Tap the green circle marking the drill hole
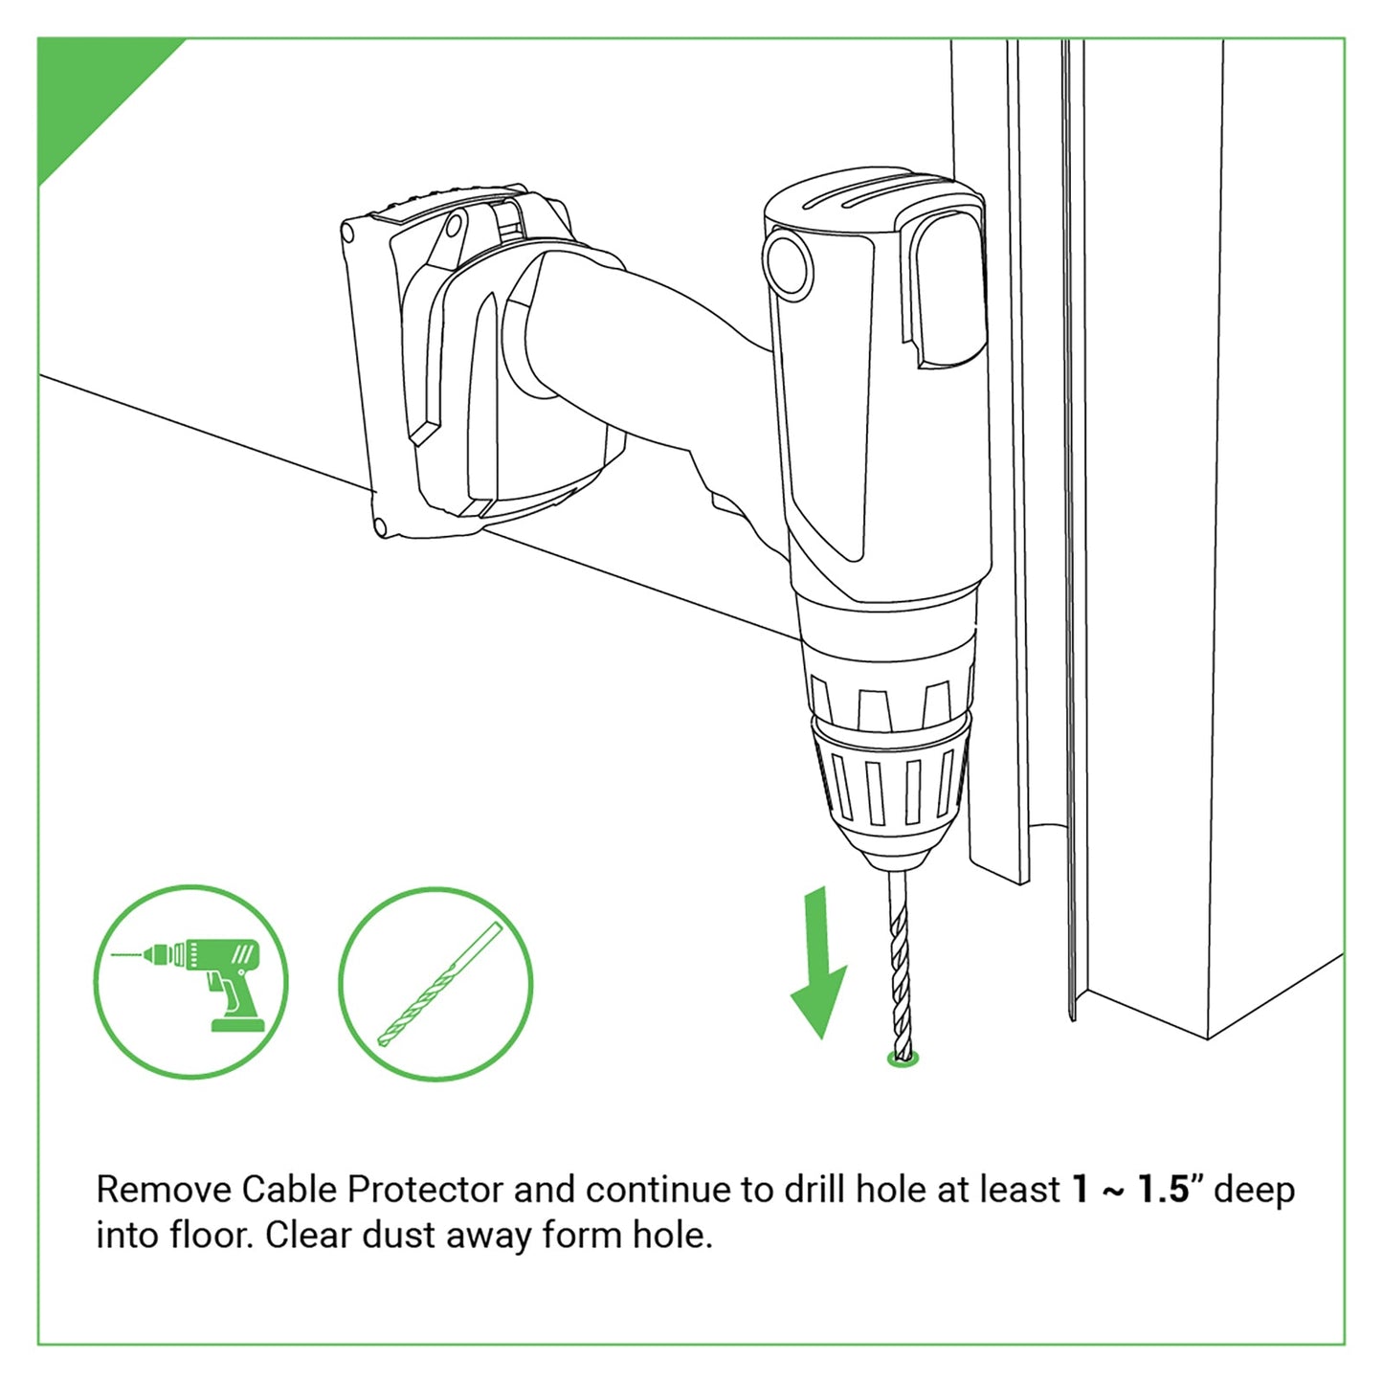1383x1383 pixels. tap(903, 1059)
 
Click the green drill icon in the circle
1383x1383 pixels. tap(191, 982)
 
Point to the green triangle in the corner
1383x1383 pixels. tap(86, 86)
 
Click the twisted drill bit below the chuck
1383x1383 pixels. tap(899, 967)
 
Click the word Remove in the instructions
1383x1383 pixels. tap(164, 1190)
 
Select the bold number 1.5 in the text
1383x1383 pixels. tap(1162, 1190)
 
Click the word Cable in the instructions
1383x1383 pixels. tap(289, 1190)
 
